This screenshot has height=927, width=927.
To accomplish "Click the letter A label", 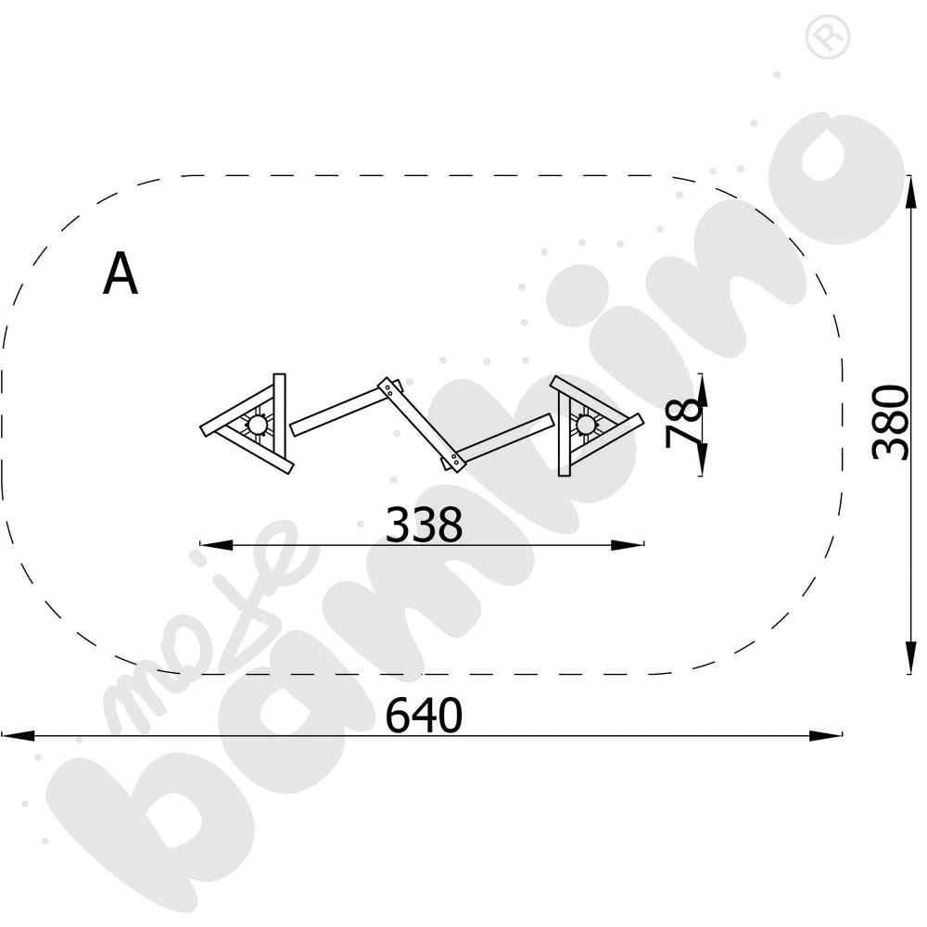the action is tap(121, 273).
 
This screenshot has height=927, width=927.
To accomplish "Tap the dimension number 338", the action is tap(424, 525).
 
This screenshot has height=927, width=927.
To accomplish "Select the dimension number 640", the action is tap(424, 715).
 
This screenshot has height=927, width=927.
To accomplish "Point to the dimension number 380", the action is tap(890, 422).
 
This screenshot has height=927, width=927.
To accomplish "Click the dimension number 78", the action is tap(685, 423).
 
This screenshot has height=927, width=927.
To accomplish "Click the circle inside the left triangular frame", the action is tap(257, 424).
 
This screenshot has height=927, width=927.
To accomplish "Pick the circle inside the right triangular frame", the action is tap(585, 424).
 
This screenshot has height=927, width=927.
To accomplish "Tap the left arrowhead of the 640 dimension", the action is tap(18, 735).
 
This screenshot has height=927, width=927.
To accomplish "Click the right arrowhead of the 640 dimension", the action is tap(825, 735).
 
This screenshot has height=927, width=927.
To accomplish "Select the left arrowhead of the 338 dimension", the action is tap(216, 544).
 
